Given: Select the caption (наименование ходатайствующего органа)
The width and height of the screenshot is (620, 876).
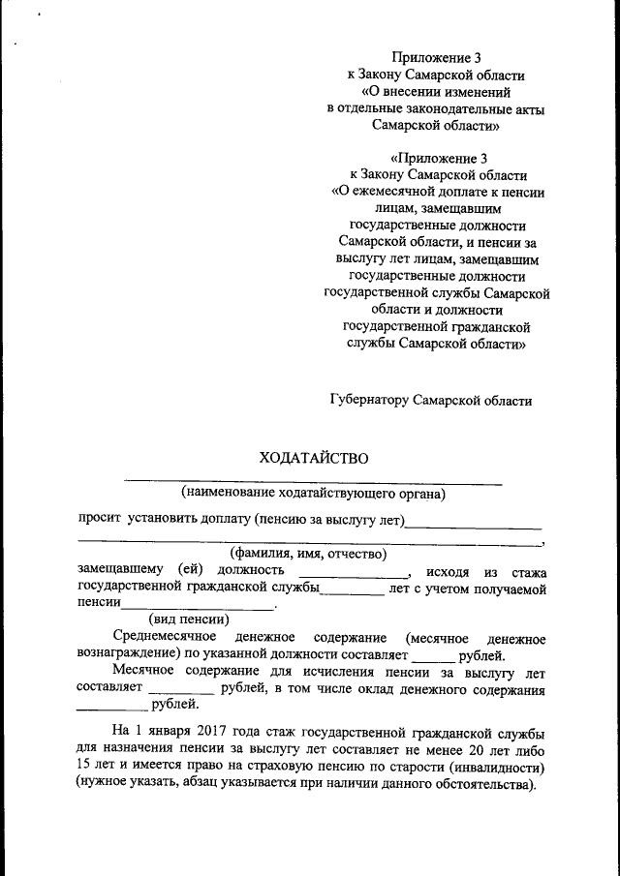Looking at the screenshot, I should coord(313,494).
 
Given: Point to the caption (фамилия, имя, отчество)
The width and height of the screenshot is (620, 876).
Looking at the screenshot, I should coord(301,554).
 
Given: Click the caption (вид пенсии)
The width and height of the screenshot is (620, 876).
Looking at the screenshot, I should coord(187,619).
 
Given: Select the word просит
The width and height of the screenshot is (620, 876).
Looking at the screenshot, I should coord(98,520).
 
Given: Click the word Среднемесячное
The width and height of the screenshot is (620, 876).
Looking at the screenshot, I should coord(161,639).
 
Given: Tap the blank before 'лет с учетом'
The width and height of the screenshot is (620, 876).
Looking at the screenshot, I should coord(352,590).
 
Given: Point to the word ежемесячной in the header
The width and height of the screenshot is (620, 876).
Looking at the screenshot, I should coord(403,191).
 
